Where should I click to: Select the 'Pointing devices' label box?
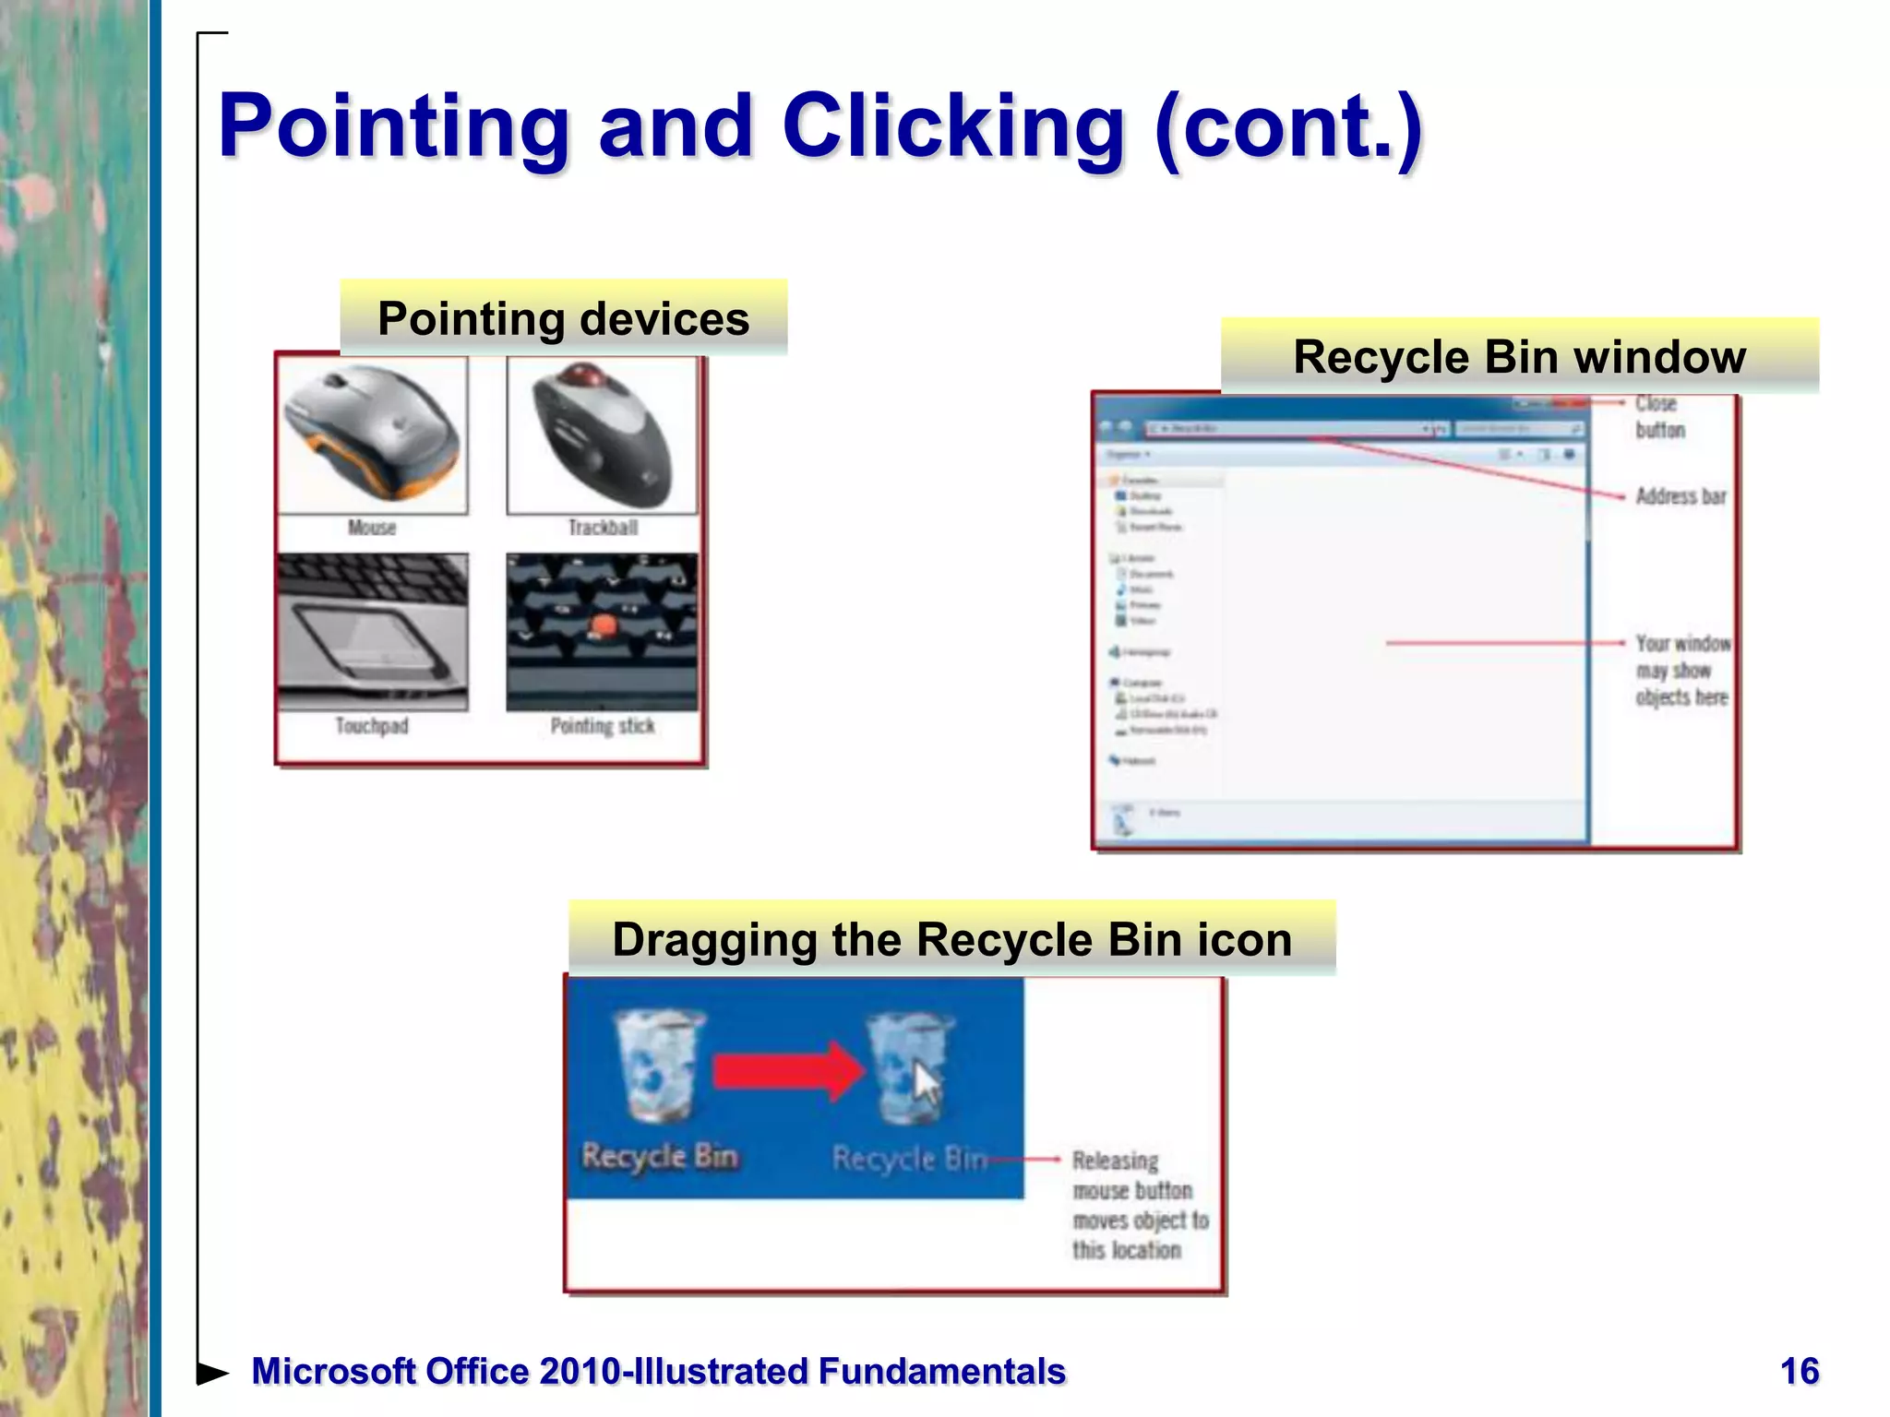tap(563, 318)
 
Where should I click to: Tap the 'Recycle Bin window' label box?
tap(1519, 357)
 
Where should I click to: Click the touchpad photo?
tap(373, 632)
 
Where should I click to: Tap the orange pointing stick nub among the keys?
tap(603, 626)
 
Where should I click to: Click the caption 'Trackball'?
tap(603, 528)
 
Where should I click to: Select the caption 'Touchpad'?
tap(372, 726)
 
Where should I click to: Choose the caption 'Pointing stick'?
tap(603, 726)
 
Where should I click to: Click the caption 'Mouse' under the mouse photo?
tap(372, 528)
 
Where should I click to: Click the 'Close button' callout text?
tap(1659, 417)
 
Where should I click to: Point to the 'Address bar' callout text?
tap(1681, 496)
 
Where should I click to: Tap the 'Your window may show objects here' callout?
tap(1682, 670)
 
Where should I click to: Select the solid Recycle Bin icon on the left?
tap(659, 1065)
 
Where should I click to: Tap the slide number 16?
tap(1799, 1372)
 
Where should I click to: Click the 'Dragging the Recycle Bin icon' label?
tap(951, 939)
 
